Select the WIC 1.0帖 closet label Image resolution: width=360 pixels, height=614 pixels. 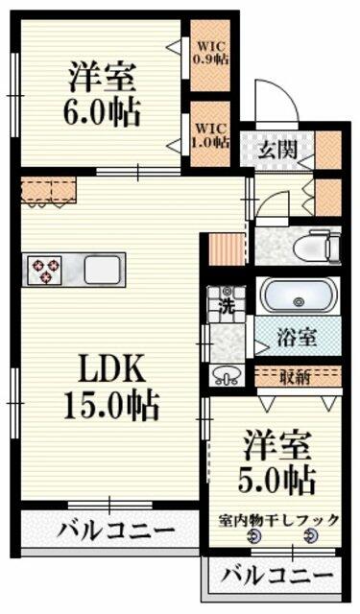pos(209,134)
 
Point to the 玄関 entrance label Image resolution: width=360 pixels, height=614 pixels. pos(276,150)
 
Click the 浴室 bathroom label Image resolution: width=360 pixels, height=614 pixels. pos(298,337)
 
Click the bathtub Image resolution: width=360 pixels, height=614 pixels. pos(298,295)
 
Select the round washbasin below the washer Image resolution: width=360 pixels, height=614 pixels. pos(228,375)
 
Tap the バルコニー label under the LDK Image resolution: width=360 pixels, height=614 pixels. pos(116,531)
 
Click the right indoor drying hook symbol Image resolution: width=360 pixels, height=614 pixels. pos(309,538)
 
